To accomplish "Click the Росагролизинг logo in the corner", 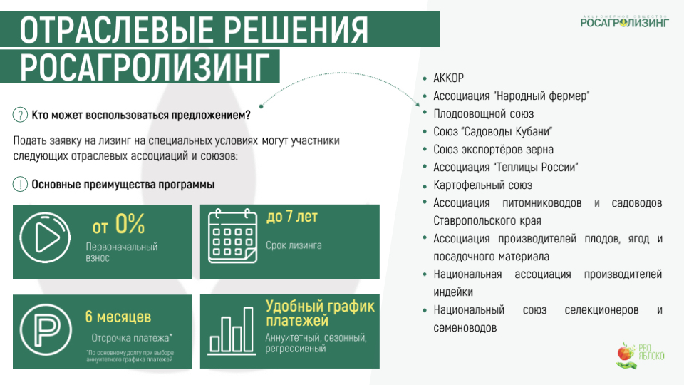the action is [x=624, y=21].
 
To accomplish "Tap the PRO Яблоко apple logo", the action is [x=641, y=354].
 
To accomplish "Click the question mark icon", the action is [x=20, y=115].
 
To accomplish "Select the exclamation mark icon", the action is [x=20, y=184].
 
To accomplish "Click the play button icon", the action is [x=45, y=237].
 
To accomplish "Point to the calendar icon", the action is [x=232, y=236].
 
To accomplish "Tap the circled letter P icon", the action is [x=46, y=329].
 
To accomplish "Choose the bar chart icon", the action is [x=231, y=331].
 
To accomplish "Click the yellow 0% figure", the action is [x=130, y=224].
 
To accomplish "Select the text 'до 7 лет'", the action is [x=292, y=217].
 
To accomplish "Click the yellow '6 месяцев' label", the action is [x=118, y=317].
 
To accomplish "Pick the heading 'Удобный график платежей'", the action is [x=320, y=313].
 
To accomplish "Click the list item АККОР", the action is [x=448, y=78].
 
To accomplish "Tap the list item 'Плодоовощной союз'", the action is [x=483, y=114].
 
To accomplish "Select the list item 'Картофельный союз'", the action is [x=482, y=185].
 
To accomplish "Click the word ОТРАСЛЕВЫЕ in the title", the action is [x=112, y=30].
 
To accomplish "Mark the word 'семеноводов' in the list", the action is [x=465, y=328].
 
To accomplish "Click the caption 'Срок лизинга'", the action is [x=294, y=245].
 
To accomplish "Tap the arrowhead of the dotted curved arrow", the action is [x=418, y=104].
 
